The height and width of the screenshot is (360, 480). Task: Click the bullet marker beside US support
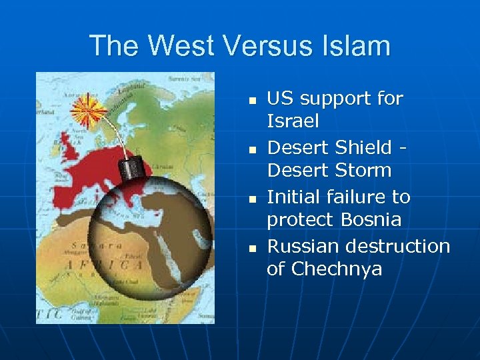pos(252,101)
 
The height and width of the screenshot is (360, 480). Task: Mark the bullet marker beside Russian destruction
pos(252,249)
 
